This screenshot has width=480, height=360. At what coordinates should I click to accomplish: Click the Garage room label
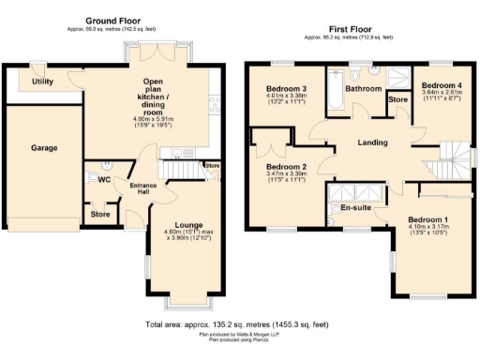pos(43,148)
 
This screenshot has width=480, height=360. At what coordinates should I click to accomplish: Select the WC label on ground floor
pos(104,181)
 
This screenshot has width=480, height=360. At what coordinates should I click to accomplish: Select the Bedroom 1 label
pos(433,218)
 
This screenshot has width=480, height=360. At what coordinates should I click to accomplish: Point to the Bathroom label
pos(363,89)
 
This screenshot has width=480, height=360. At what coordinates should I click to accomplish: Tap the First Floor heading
pos(352,28)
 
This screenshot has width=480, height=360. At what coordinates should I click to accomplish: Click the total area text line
pos(238,324)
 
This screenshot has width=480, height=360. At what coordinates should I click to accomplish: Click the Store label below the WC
pos(100,215)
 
